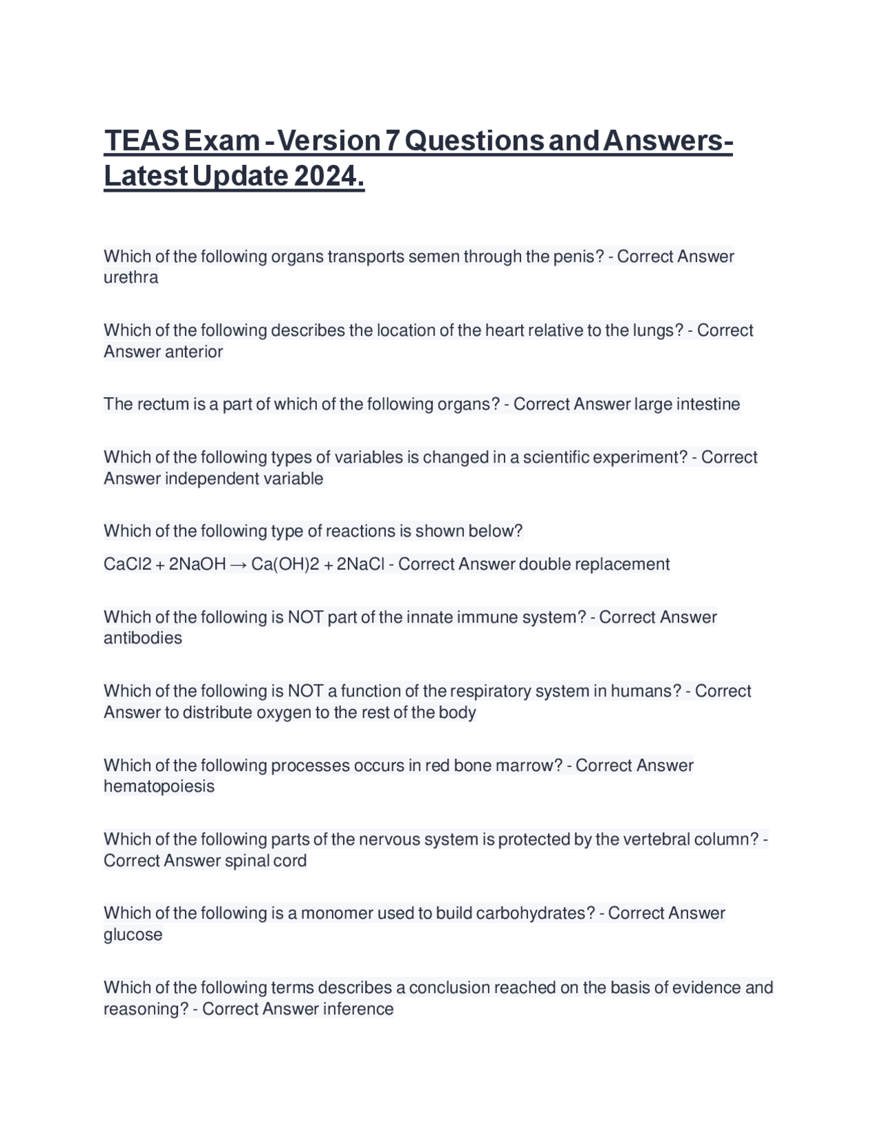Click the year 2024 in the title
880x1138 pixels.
click(328, 177)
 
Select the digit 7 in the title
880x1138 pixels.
click(391, 141)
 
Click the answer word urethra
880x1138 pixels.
click(131, 278)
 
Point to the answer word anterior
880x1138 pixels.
click(195, 352)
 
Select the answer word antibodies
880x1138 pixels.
click(143, 638)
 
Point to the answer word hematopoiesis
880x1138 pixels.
click(159, 787)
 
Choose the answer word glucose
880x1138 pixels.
click(133, 935)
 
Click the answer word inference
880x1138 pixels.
click(358, 1009)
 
